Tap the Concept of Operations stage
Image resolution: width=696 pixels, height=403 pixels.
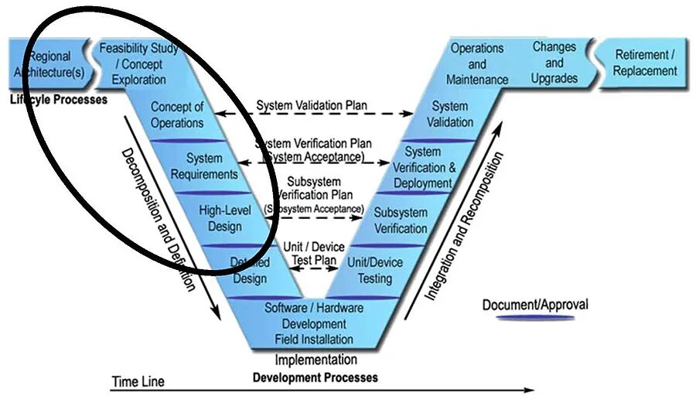177,114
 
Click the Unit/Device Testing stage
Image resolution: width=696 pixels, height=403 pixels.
375,270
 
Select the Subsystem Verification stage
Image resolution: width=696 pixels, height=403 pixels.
401,220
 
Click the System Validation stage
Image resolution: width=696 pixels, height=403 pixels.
450,114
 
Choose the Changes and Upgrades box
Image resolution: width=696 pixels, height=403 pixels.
554,63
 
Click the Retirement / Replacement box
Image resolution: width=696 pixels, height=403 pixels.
645,63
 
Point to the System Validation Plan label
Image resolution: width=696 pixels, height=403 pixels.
312,104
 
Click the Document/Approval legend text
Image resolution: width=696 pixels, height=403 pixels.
535,304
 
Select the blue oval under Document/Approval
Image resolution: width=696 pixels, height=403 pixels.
535,317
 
